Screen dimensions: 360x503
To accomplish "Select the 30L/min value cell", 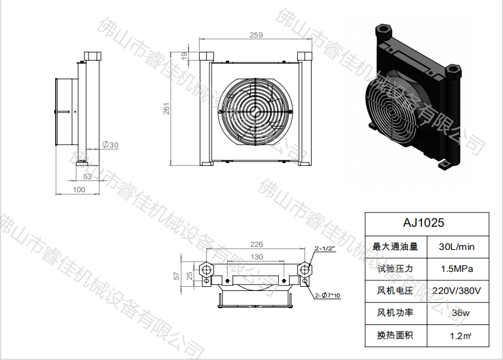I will coord(456,246).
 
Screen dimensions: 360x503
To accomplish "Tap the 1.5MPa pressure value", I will coord(456,268).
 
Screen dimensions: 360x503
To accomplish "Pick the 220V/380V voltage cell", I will coord(456,290).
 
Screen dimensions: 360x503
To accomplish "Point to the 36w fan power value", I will coord(456,313).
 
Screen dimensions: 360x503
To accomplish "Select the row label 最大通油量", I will coord(395,246).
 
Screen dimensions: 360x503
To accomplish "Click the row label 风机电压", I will coord(395,290).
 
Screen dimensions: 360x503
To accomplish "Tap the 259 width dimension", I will coord(256,36).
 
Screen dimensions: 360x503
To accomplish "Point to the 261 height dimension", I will coord(167,108).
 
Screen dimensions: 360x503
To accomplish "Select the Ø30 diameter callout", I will coord(111,145).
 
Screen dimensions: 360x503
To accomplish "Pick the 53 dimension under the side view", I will coord(87,176).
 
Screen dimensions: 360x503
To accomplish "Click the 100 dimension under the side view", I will coord(78,190).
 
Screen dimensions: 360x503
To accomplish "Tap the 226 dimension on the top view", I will coord(256,244).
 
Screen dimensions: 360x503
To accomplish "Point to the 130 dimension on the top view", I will coord(256,257).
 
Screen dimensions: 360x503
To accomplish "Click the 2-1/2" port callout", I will coord(325,249).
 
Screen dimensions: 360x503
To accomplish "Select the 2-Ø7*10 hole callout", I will coord(328,295).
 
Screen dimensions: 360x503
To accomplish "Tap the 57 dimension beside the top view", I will coord(176,275).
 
